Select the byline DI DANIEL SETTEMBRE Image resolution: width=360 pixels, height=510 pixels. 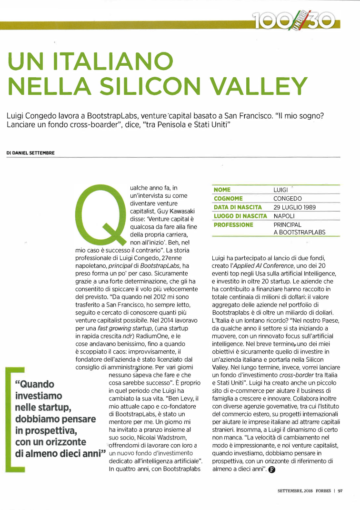(30, 153)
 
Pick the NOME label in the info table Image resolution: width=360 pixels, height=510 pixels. (222, 190)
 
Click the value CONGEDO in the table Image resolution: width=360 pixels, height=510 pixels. (288, 198)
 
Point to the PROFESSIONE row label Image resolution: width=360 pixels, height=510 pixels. (234, 224)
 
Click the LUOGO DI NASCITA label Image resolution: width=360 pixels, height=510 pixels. (240, 216)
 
